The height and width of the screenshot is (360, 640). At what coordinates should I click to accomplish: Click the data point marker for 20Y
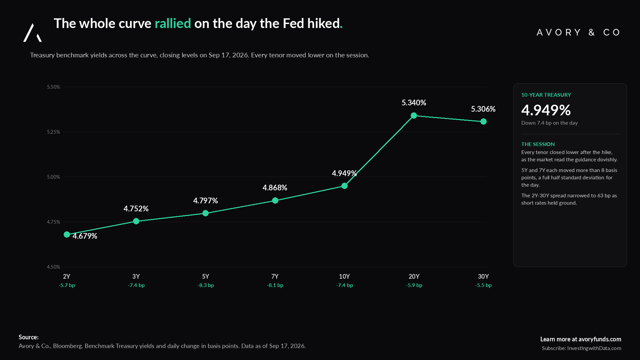pos(414,116)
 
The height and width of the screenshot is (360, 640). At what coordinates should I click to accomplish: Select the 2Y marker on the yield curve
pos(67,235)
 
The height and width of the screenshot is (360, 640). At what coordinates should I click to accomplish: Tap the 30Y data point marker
pos(483,122)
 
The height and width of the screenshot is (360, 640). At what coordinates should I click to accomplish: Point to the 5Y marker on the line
pos(205,213)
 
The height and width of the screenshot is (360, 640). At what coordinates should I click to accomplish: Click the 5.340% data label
pos(414,103)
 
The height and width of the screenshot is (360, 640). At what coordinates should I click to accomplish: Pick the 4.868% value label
pos(275,188)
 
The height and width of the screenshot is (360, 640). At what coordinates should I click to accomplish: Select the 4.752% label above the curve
pos(136,209)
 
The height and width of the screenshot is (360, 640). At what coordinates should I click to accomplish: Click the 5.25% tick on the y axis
pos(53,132)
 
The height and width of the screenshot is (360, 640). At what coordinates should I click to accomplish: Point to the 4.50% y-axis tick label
pos(53,267)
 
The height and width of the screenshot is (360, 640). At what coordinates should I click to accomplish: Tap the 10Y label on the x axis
pos(344,276)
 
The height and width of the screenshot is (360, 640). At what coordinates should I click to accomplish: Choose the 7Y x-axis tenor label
pos(275,276)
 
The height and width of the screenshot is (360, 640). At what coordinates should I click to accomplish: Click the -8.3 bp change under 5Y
pos(205,285)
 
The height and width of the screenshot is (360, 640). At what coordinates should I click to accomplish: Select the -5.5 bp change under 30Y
pos(483,285)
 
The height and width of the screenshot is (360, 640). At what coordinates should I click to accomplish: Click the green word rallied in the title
pos(173,23)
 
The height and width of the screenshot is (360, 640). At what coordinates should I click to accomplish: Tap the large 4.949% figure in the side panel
pos(546,110)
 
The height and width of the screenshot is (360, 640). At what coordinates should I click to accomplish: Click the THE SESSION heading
pos(538,144)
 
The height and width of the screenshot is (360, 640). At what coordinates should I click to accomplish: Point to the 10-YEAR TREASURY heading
pos(546,95)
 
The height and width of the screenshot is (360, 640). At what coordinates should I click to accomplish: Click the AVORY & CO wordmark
pos(578,32)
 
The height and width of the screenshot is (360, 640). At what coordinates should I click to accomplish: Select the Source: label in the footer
pos(29,337)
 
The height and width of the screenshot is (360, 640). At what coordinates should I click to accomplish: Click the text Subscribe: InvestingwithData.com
pos(581,348)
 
